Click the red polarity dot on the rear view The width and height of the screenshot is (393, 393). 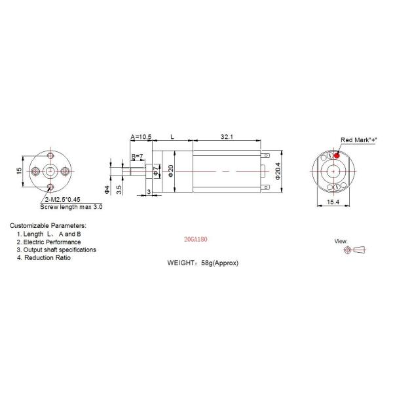(337, 155)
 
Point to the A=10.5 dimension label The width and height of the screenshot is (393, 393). (141, 137)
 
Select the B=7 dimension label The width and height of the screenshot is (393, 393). (137, 156)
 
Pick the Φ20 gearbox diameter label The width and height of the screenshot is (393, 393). (172, 169)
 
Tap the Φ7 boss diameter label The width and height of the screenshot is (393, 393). (156, 172)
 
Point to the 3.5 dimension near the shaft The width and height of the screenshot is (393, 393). (119, 190)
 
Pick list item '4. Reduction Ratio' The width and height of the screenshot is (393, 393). (44, 258)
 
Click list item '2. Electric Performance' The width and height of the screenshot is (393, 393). (49, 242)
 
